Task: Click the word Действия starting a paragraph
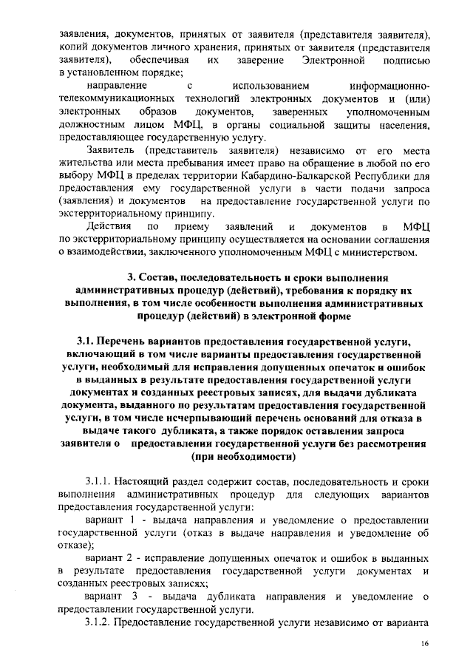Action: (109, 225)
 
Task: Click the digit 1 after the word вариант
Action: (135, 522)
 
